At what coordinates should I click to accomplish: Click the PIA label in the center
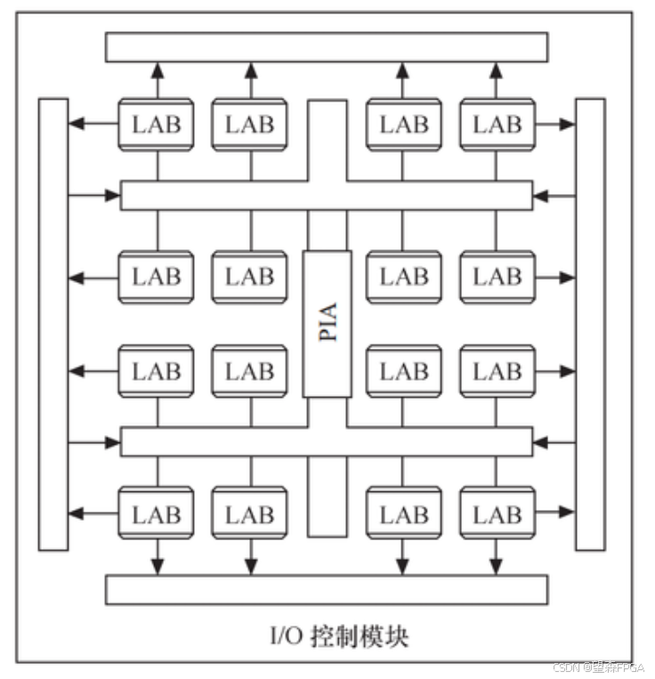pos(327,323)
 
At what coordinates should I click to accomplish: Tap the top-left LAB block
pos(156,125)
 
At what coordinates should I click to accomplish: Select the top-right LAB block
pos(497,125)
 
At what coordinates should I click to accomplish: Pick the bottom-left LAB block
pos(156,513)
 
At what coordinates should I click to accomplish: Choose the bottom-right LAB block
pos(497,513)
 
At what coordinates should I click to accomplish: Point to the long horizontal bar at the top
pos(327,47)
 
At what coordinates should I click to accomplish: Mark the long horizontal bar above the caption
pos(327,589)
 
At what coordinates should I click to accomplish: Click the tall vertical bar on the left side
pos(53,324)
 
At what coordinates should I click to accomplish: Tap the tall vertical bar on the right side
pos(590,324)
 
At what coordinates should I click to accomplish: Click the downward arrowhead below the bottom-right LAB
pos(496,567)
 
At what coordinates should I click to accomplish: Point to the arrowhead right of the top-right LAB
pos(568,125)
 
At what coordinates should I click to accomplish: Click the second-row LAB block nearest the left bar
pos(156,277)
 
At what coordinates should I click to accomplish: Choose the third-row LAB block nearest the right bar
pos(497,370)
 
